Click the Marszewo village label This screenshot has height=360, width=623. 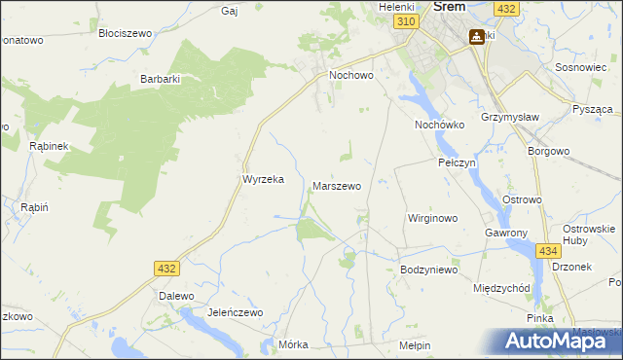point(337,185)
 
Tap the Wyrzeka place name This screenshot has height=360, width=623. point(262,179)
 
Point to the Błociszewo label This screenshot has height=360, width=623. point(127,32)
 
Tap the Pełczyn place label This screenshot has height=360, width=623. point(457,162)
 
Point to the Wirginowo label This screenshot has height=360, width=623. point(432,218)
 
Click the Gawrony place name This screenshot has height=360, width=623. point(506,234)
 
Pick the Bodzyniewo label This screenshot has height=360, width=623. point(428,270)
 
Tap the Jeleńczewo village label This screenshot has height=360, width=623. point(236,312)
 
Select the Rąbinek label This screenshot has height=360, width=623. point(47,145)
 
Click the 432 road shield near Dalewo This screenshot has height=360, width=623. point(165,267)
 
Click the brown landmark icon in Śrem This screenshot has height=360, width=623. point(476,38)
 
